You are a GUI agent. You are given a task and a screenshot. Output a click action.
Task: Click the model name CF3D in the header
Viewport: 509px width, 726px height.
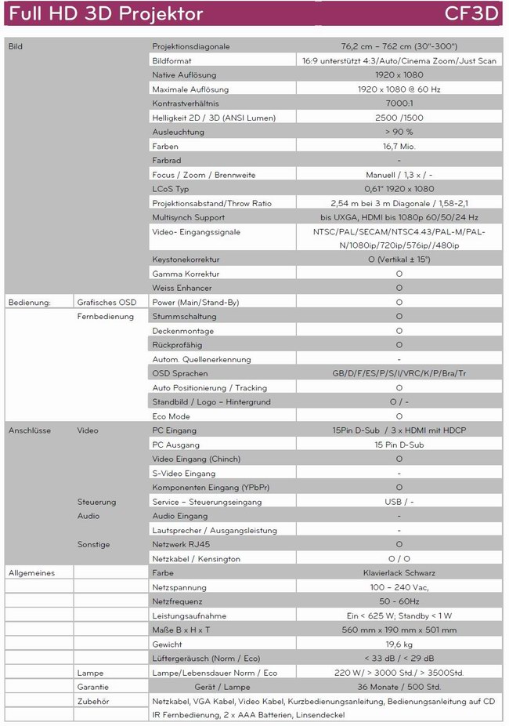click(x=471, y=14)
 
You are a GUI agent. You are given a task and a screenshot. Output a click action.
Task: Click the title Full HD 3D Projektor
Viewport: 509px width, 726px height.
click(x=106, y=14)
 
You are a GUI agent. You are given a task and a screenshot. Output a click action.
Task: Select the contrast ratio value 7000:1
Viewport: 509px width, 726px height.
click(x=399, y=103)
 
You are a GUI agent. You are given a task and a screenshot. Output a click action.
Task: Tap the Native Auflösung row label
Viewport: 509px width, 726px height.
click(x=185, y=74)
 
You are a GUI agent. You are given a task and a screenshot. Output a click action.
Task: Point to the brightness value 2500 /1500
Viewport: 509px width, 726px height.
click(x=399, y=118)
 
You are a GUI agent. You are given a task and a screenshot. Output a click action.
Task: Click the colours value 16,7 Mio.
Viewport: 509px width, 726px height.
click(x=399, y=146)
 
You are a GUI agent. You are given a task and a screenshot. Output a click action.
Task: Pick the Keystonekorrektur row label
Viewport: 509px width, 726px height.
click(x=186, y=260)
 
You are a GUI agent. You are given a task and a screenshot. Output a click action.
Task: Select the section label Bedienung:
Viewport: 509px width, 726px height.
click(x=29, y=303)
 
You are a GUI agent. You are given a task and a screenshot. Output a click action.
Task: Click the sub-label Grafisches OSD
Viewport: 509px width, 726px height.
click(x=106, y=303)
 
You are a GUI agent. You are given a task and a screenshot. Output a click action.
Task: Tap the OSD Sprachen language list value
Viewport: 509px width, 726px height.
click(x=399, y=374)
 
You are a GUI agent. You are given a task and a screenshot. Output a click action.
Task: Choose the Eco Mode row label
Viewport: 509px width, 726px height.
click(x=171, y=416)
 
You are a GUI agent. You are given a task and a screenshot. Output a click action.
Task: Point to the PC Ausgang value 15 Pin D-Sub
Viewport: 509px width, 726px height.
click(x=399, y=445)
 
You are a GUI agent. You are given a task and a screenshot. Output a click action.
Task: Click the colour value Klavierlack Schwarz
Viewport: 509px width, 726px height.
click(x=399, y=573)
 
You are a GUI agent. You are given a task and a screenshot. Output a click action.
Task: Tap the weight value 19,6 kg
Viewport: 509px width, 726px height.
click(x=399, y=644)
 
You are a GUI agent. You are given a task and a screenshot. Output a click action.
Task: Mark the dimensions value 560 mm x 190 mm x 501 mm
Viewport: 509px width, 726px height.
click(x=399, y=630)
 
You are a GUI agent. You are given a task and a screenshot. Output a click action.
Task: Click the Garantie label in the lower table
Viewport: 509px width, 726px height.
click(x=92, y=688)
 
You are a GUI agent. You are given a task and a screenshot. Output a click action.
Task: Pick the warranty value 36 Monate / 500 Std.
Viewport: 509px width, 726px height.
click(x=399, y=688)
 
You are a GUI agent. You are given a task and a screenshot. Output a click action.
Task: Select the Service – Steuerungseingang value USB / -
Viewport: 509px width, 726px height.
click(x=399, y=502)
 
